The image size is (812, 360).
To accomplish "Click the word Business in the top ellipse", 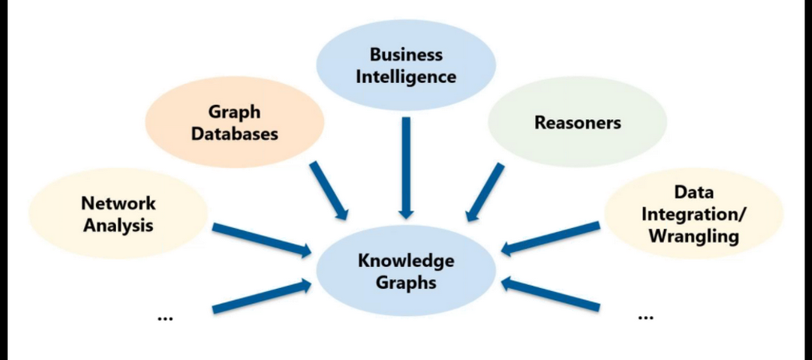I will pos(406,55).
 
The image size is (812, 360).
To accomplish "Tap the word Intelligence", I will pos(406,77).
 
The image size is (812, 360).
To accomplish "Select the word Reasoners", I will pos(578,123).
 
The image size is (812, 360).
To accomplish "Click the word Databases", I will pos(234,134).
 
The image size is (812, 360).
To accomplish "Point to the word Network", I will pos(118,203).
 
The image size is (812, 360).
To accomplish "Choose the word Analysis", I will pos(118,225).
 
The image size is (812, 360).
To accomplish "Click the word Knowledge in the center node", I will pos(406,261).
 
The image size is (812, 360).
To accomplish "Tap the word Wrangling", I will pos(694,236).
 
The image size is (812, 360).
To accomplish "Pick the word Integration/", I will pos(694,214).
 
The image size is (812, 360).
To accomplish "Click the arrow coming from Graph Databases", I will pos(329,190).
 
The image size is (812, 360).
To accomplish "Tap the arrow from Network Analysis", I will pos(261,240).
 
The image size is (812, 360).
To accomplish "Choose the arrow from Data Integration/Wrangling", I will pos(551,238).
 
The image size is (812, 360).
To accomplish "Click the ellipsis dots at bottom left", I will pos(166,318).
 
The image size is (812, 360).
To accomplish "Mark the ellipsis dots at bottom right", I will pos(645,317).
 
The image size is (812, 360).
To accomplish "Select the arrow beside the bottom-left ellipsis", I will pos(261,295).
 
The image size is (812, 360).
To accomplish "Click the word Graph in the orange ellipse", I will pos(234,113).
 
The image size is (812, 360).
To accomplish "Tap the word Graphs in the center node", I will pos(406,282).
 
